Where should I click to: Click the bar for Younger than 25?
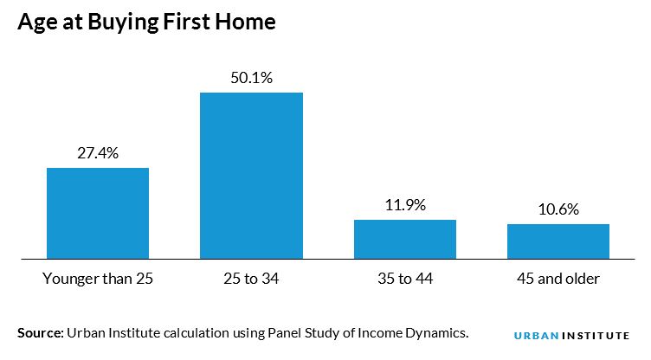pyautogui.click(x=98, y=213)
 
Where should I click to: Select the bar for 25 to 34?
pyautogui.click(x=251, y=175)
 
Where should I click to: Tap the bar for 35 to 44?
pyautogui.click(x=405, y=239)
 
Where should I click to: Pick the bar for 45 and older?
pyautogui.click(x=558, y=241)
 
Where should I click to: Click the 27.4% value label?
pyautogui.click(x=98, y=153)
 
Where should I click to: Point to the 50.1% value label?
pyautogui.click(x=251, y=78)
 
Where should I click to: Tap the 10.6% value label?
pyautogui.click(x=558, y=209)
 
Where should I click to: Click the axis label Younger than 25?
pyautogui.click(x=98, y=280)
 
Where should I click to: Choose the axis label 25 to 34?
pyautogui.click(x=251, y=280)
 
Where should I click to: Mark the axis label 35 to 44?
pyautogui.click(x=405, y=280)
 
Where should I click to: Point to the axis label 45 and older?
pyautogui.click(x=558, y=280)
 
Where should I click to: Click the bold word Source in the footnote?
pyautogui.click(x=37, y=332)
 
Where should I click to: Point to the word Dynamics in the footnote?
pyautogui.click(x=437, y=332)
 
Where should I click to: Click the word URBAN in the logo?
pyautogui.click(x=532, y=335)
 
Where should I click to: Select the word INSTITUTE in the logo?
pyautogui.click(x=598, y=335)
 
